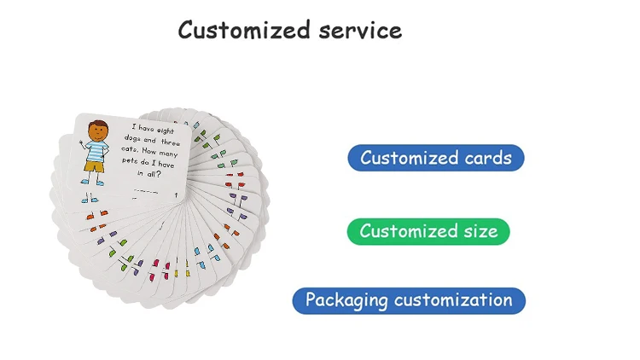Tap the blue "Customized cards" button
435,158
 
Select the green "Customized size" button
428,231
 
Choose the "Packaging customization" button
409,300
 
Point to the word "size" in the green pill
478,231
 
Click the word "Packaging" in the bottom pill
346,300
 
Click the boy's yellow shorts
94,166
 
